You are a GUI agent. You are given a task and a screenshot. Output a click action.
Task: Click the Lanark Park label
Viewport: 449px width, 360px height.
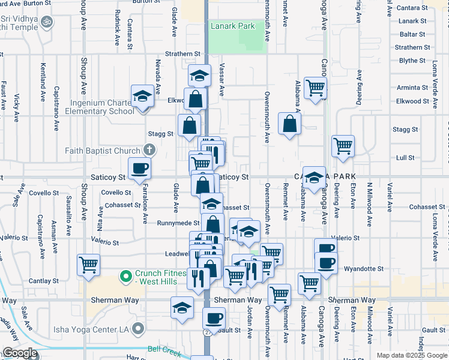[x=232, y=26]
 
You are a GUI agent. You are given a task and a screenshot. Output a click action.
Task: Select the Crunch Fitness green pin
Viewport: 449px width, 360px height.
[x=125, y=277]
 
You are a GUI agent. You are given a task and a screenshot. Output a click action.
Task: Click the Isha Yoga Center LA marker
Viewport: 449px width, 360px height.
[x=139, y=328]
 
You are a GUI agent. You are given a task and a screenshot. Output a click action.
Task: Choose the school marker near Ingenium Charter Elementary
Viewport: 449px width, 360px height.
[x=143, y=97]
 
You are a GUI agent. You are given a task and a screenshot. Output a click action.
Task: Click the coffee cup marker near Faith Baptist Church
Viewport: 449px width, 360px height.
[x=140, y=169]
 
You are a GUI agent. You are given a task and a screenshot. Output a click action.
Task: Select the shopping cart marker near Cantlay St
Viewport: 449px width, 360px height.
[x=89, y=264]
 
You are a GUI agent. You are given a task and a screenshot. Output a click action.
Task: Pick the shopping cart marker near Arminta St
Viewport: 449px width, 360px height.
[x=315, y=88]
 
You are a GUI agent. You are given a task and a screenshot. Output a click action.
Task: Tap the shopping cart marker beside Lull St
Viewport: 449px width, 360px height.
[x=343, y=145]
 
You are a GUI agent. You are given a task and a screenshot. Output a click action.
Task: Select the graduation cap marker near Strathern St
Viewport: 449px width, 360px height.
[x=199, y=76]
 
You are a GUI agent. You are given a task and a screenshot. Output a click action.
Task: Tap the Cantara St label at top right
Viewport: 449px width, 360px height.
[x=411, y=8]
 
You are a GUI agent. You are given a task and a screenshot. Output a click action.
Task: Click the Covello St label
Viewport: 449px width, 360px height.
[x=116, y=193]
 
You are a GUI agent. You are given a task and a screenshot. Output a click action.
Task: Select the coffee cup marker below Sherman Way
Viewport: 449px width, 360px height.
[x=214, y=318]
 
